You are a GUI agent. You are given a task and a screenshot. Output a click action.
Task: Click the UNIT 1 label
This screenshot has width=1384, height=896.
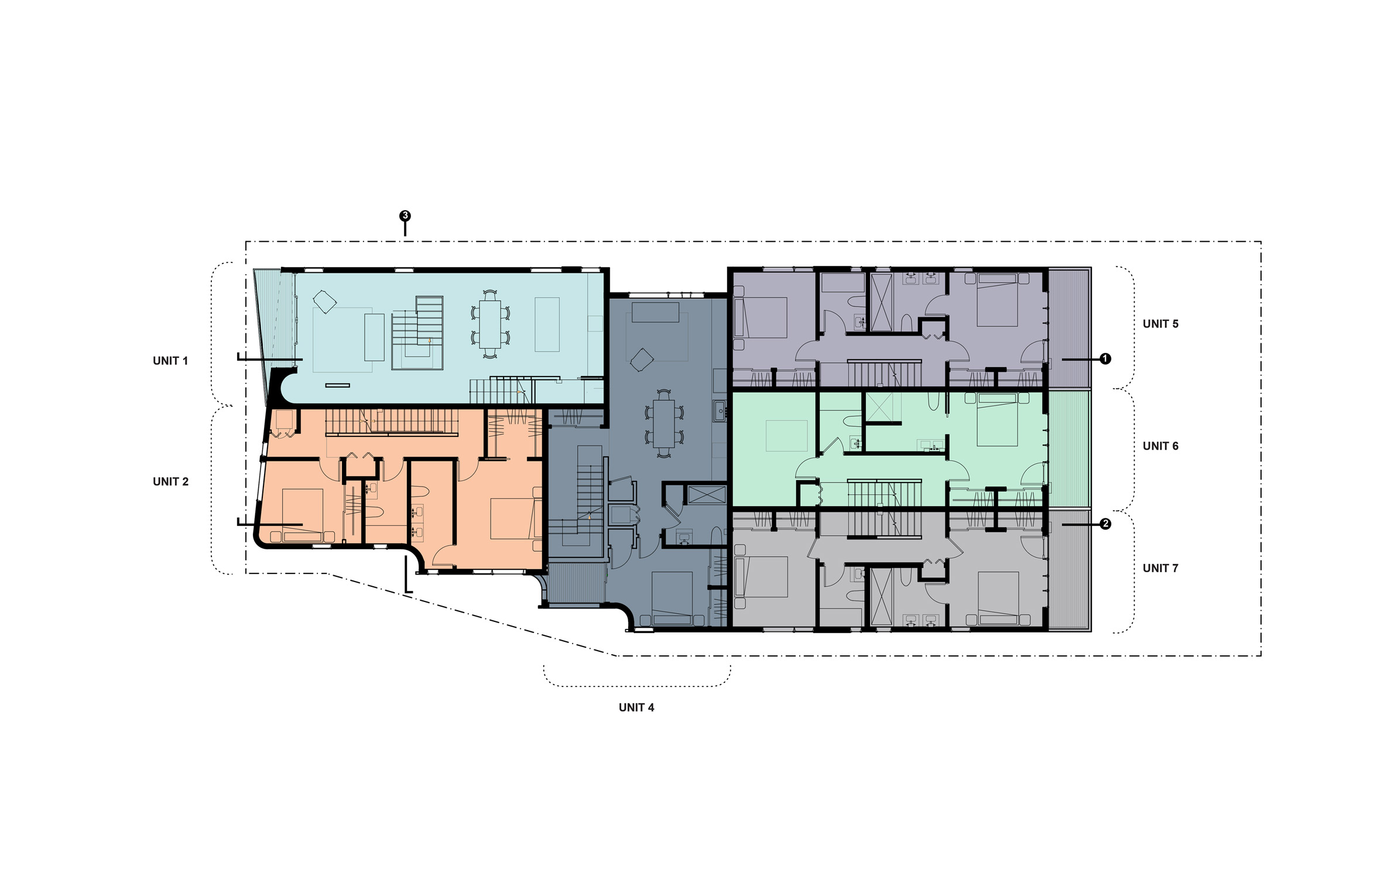click(x=170, y=361)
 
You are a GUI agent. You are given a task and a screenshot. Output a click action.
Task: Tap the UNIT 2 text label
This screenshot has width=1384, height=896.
click(x=170, y=481)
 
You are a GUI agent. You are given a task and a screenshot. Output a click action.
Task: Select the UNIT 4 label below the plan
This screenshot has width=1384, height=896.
click(x=636, y=707)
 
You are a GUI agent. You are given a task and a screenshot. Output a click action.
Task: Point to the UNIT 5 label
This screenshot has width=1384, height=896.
click(x=1160, y=324)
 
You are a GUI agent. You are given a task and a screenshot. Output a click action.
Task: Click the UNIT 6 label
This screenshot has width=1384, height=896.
click(x=1160, y=446)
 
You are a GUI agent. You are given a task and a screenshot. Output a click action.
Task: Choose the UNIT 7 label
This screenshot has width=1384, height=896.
click(x=1160, y=568)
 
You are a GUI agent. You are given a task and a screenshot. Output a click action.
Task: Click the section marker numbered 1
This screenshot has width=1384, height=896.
click(x=1105, y=358)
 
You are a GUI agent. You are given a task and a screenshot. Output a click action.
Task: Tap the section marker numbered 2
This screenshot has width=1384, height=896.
click(x=1105, y=524)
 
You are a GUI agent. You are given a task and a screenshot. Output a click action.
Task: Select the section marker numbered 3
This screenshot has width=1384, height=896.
click(x=405, y=216)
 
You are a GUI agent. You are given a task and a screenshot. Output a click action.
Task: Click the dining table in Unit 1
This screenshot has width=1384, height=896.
click(x=490, y=324)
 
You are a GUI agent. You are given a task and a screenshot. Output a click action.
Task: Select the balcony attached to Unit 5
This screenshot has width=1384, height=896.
click(x=1069, y=328)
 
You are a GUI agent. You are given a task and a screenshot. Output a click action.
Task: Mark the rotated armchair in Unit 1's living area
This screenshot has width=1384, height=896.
click(x=325, y=303)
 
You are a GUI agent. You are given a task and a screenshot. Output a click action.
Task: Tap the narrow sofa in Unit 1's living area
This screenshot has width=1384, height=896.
click(x=374, y=337)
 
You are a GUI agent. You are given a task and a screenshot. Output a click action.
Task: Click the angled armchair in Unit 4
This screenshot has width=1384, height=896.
click(x=641, y=359)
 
